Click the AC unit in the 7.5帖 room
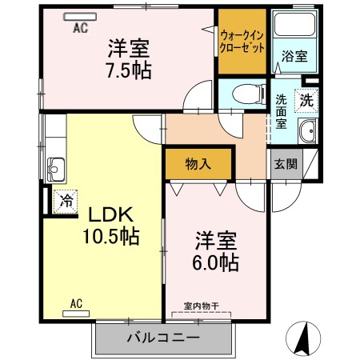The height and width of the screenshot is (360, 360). [x=79, y=15]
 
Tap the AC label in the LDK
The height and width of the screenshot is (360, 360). [x=77, y=303]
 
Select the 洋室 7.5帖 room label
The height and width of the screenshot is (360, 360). [x=127, y=58]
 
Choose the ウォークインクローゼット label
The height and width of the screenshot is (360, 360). [x=242, y=42]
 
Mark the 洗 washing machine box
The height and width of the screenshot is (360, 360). [x=306, y=100]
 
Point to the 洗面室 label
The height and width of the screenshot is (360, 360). [x=282, y=112]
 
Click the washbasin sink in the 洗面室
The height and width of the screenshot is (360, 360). [x=306, y=133]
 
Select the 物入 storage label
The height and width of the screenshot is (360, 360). [x=198, y=164]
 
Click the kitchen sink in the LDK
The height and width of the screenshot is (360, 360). [x=56, y=169]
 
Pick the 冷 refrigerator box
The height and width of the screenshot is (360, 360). [x=64, y=201]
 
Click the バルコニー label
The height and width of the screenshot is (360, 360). [x=163, y=338]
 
